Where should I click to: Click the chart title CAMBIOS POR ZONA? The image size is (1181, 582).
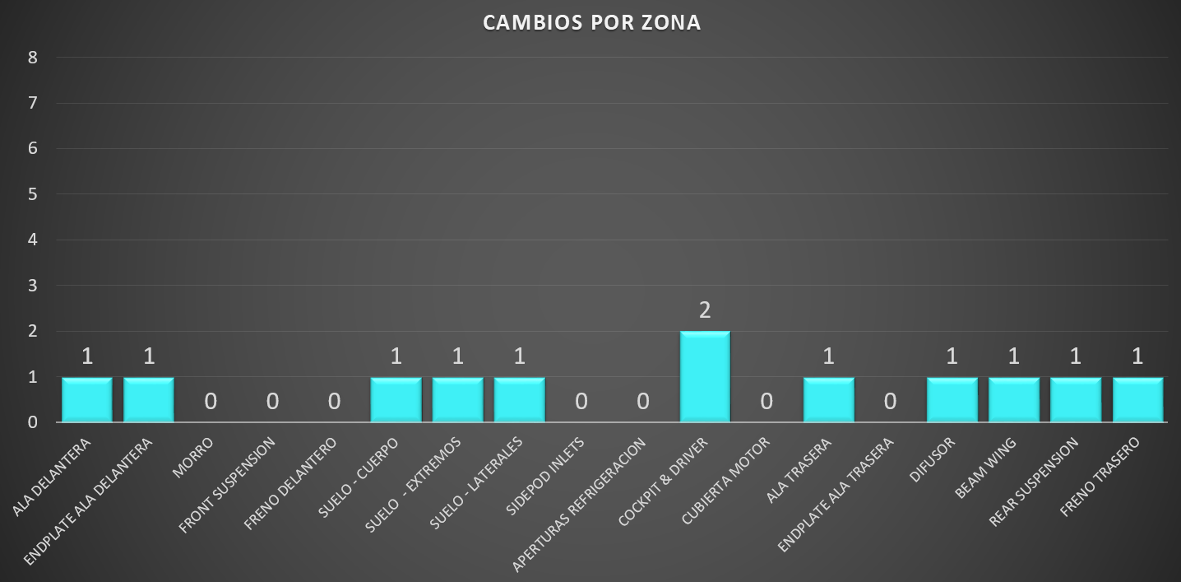pos(591,22)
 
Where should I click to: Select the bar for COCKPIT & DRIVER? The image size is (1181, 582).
pos(705,376)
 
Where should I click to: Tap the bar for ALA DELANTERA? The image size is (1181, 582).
pos(87,399)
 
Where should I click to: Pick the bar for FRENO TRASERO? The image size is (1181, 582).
pos(1137,399)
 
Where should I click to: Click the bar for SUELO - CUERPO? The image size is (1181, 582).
pos(396,399)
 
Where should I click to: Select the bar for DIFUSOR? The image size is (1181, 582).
pos(952,399)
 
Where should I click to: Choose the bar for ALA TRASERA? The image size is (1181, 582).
pos(828,399)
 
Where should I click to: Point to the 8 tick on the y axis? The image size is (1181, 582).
pos(33,58)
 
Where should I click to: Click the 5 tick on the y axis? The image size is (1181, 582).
pos(33,194)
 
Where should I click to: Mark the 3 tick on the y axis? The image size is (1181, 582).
pos(33,286)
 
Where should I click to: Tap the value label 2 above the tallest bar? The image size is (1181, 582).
pos(705,310)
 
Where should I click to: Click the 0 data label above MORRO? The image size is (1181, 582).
pos(211,402)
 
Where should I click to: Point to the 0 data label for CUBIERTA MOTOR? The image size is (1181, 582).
pos(766,402)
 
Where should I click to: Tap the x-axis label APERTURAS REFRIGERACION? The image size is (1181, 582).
pos(580,504)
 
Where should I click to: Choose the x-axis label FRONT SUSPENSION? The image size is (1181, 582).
pos(228,484)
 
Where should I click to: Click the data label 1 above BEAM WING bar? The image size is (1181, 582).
pos(1014,356)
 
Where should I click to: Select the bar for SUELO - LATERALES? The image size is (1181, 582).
pos(519,399)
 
